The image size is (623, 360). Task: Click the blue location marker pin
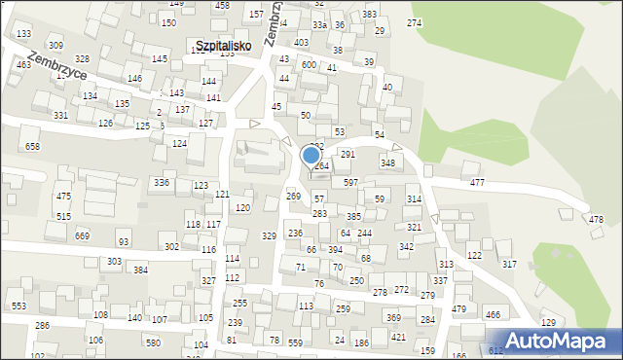tap(311, 156)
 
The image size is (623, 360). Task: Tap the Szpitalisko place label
tap(223, 46)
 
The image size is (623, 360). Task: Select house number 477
tap(477, 183)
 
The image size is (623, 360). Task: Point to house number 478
tap(596, 219)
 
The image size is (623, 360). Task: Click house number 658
tap(32, 146)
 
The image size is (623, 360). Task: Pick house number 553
tap(18, 306)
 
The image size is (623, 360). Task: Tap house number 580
tap(153, 342)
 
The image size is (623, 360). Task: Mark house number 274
tap(414, 22)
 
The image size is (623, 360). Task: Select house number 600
tap(309, 65)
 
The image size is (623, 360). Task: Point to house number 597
tap(350, 183)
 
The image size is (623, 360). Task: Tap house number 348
tap(387, 162)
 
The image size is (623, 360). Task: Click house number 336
tap(162, 183)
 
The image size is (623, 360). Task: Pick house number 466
tap(493, 314)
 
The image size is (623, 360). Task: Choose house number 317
tap(508, 265)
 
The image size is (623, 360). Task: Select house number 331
tap(60, 116)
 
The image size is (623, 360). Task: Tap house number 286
tap(42, 325)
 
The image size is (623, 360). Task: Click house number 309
tap(55, 46)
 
